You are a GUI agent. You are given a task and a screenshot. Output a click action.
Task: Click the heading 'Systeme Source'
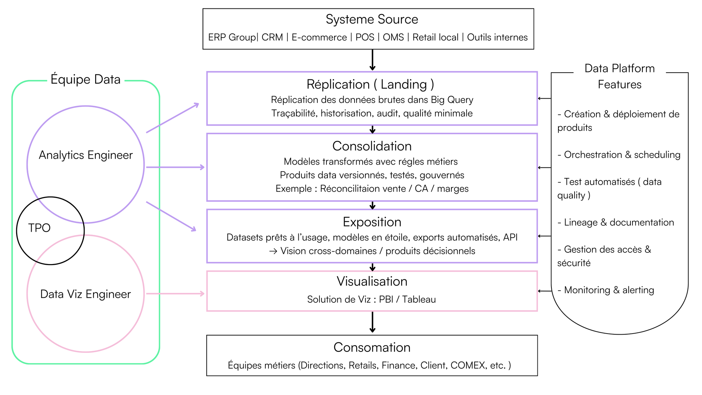[372, 19]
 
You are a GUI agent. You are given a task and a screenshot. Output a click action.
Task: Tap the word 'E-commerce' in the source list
[319, 37]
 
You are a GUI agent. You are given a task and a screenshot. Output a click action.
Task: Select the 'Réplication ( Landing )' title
[370, 84]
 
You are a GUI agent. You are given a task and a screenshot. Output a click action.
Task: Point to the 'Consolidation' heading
[372, 146]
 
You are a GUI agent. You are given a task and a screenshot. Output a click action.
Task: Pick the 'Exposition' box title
[372, 222]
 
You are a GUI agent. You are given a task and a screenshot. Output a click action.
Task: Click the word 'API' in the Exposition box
[510, 237]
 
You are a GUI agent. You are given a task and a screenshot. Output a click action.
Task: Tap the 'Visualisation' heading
[372, 281]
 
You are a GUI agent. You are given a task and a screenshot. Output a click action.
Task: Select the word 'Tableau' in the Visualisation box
[419, 299]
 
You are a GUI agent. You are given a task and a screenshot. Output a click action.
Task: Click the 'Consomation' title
[372, 347]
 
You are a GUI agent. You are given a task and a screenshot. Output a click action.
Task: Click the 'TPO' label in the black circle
[39, 228]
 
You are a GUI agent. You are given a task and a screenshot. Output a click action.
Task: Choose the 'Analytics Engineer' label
[86, 155]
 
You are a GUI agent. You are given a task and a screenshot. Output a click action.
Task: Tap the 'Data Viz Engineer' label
[86, 294]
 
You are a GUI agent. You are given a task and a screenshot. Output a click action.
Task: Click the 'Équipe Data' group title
[86, 79]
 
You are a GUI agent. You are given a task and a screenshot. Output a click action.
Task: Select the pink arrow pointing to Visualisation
[175, 294]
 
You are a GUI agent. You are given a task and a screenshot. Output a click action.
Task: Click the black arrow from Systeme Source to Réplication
[372, 60]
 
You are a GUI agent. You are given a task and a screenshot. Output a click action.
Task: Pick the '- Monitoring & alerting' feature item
[606, 290]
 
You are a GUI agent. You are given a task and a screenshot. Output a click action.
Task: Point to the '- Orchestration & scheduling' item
[619, 155]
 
